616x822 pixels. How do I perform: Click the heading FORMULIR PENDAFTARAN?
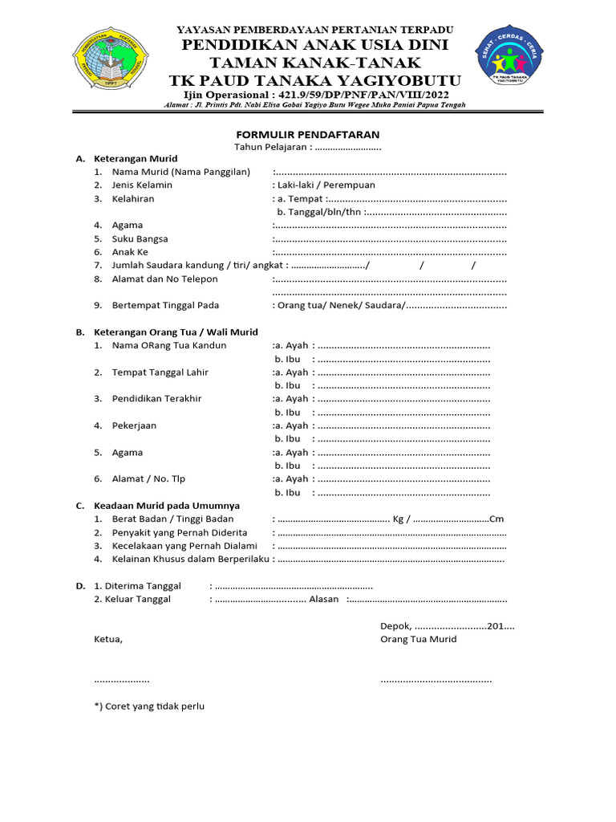click(x=307, y=134)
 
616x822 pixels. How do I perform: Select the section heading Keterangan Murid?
click(x=136, y=159)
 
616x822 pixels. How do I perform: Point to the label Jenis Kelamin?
click(x=142, y=185)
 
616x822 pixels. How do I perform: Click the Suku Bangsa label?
click(x=140, y=238)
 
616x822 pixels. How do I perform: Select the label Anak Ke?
click(x=130, y=252)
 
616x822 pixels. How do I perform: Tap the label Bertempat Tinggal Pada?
click(x=165, y=305)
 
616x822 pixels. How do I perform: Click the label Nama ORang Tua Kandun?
click(x=169, y=345)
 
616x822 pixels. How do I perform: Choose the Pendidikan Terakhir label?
click(x=156, y=398)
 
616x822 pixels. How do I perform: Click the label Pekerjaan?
click(x=134, y=425)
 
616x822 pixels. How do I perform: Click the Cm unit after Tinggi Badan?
click(x=496, y=519)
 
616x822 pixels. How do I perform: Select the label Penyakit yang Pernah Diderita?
click(x=180, y=532)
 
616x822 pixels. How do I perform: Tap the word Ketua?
click(x=108, y=639)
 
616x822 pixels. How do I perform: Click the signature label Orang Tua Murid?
click(x=418, y=639)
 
